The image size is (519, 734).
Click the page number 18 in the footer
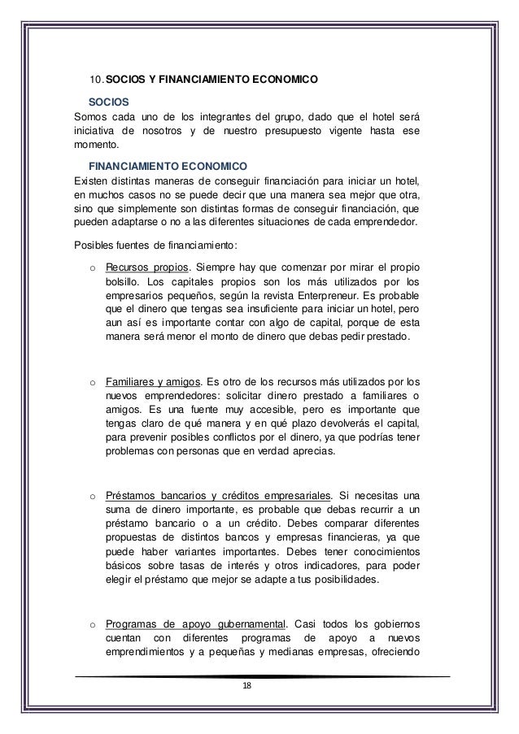[x=249, y=688]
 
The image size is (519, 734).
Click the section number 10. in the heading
[x=96, y=80]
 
